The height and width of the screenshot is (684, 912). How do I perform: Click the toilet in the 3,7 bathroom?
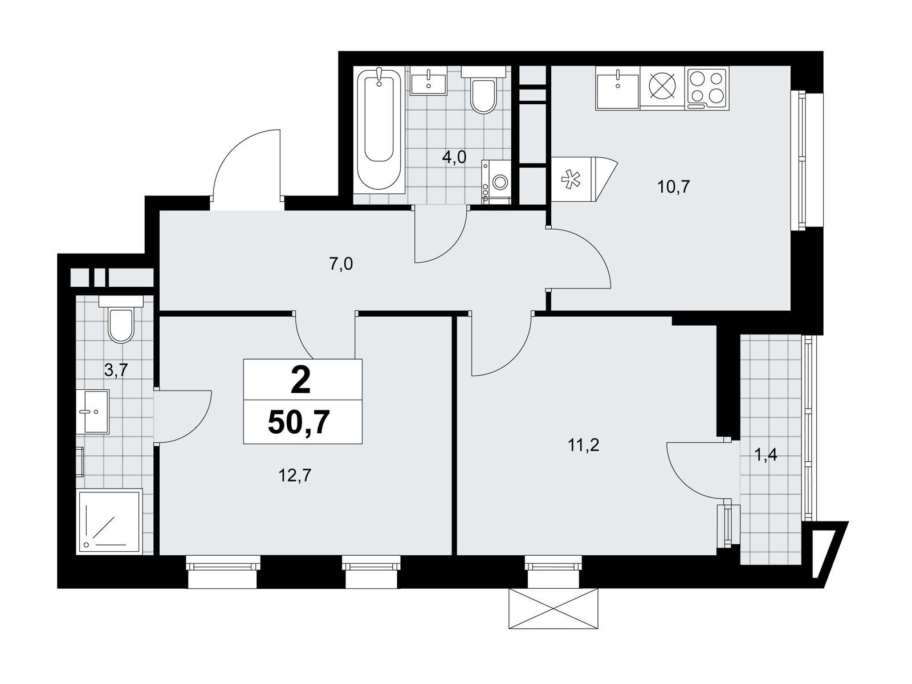coord(121,319)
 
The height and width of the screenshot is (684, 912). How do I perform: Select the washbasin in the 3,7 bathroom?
coord(93,412)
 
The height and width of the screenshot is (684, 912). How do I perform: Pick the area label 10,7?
coord(674,187)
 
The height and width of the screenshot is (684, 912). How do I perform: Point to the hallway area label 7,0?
coord(341,264)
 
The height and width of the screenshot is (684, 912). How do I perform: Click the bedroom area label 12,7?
coord(295,475)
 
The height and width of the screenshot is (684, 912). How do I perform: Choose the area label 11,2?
coord(583,445)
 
